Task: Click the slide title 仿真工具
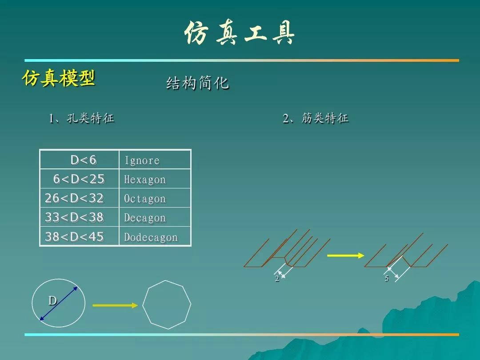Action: tap(240, 33)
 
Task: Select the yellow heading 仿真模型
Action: tap(59, 78)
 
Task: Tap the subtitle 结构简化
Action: tap(197, 83)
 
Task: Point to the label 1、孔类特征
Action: tap(82, 118)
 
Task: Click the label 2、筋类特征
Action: tap(316, 118)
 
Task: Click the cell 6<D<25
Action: tap(79, 179)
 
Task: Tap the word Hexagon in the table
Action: tap(145, 180)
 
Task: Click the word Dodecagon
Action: tap(151, 237)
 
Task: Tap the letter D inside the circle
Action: tap(52, 300)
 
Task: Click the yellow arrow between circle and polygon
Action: tap(115, 305)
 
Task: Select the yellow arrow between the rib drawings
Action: tap(346, 255)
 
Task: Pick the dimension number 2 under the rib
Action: tap(277, 278)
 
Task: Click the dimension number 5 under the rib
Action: tap(387, 278)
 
